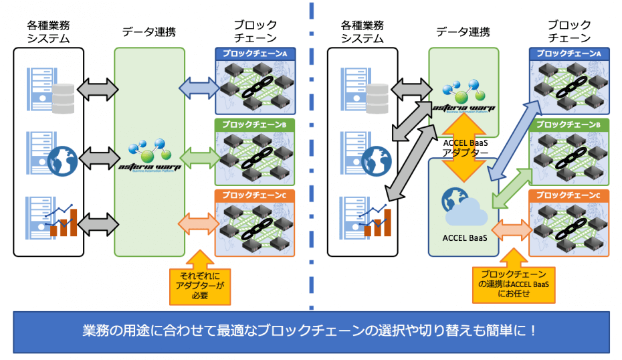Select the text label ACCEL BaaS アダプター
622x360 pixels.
coord(463,147)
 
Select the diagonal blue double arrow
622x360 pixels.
coord(514,137)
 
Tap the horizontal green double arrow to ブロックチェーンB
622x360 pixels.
coord(199,158)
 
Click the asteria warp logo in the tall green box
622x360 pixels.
coord(149,157)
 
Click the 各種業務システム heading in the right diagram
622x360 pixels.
coord(362,31)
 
